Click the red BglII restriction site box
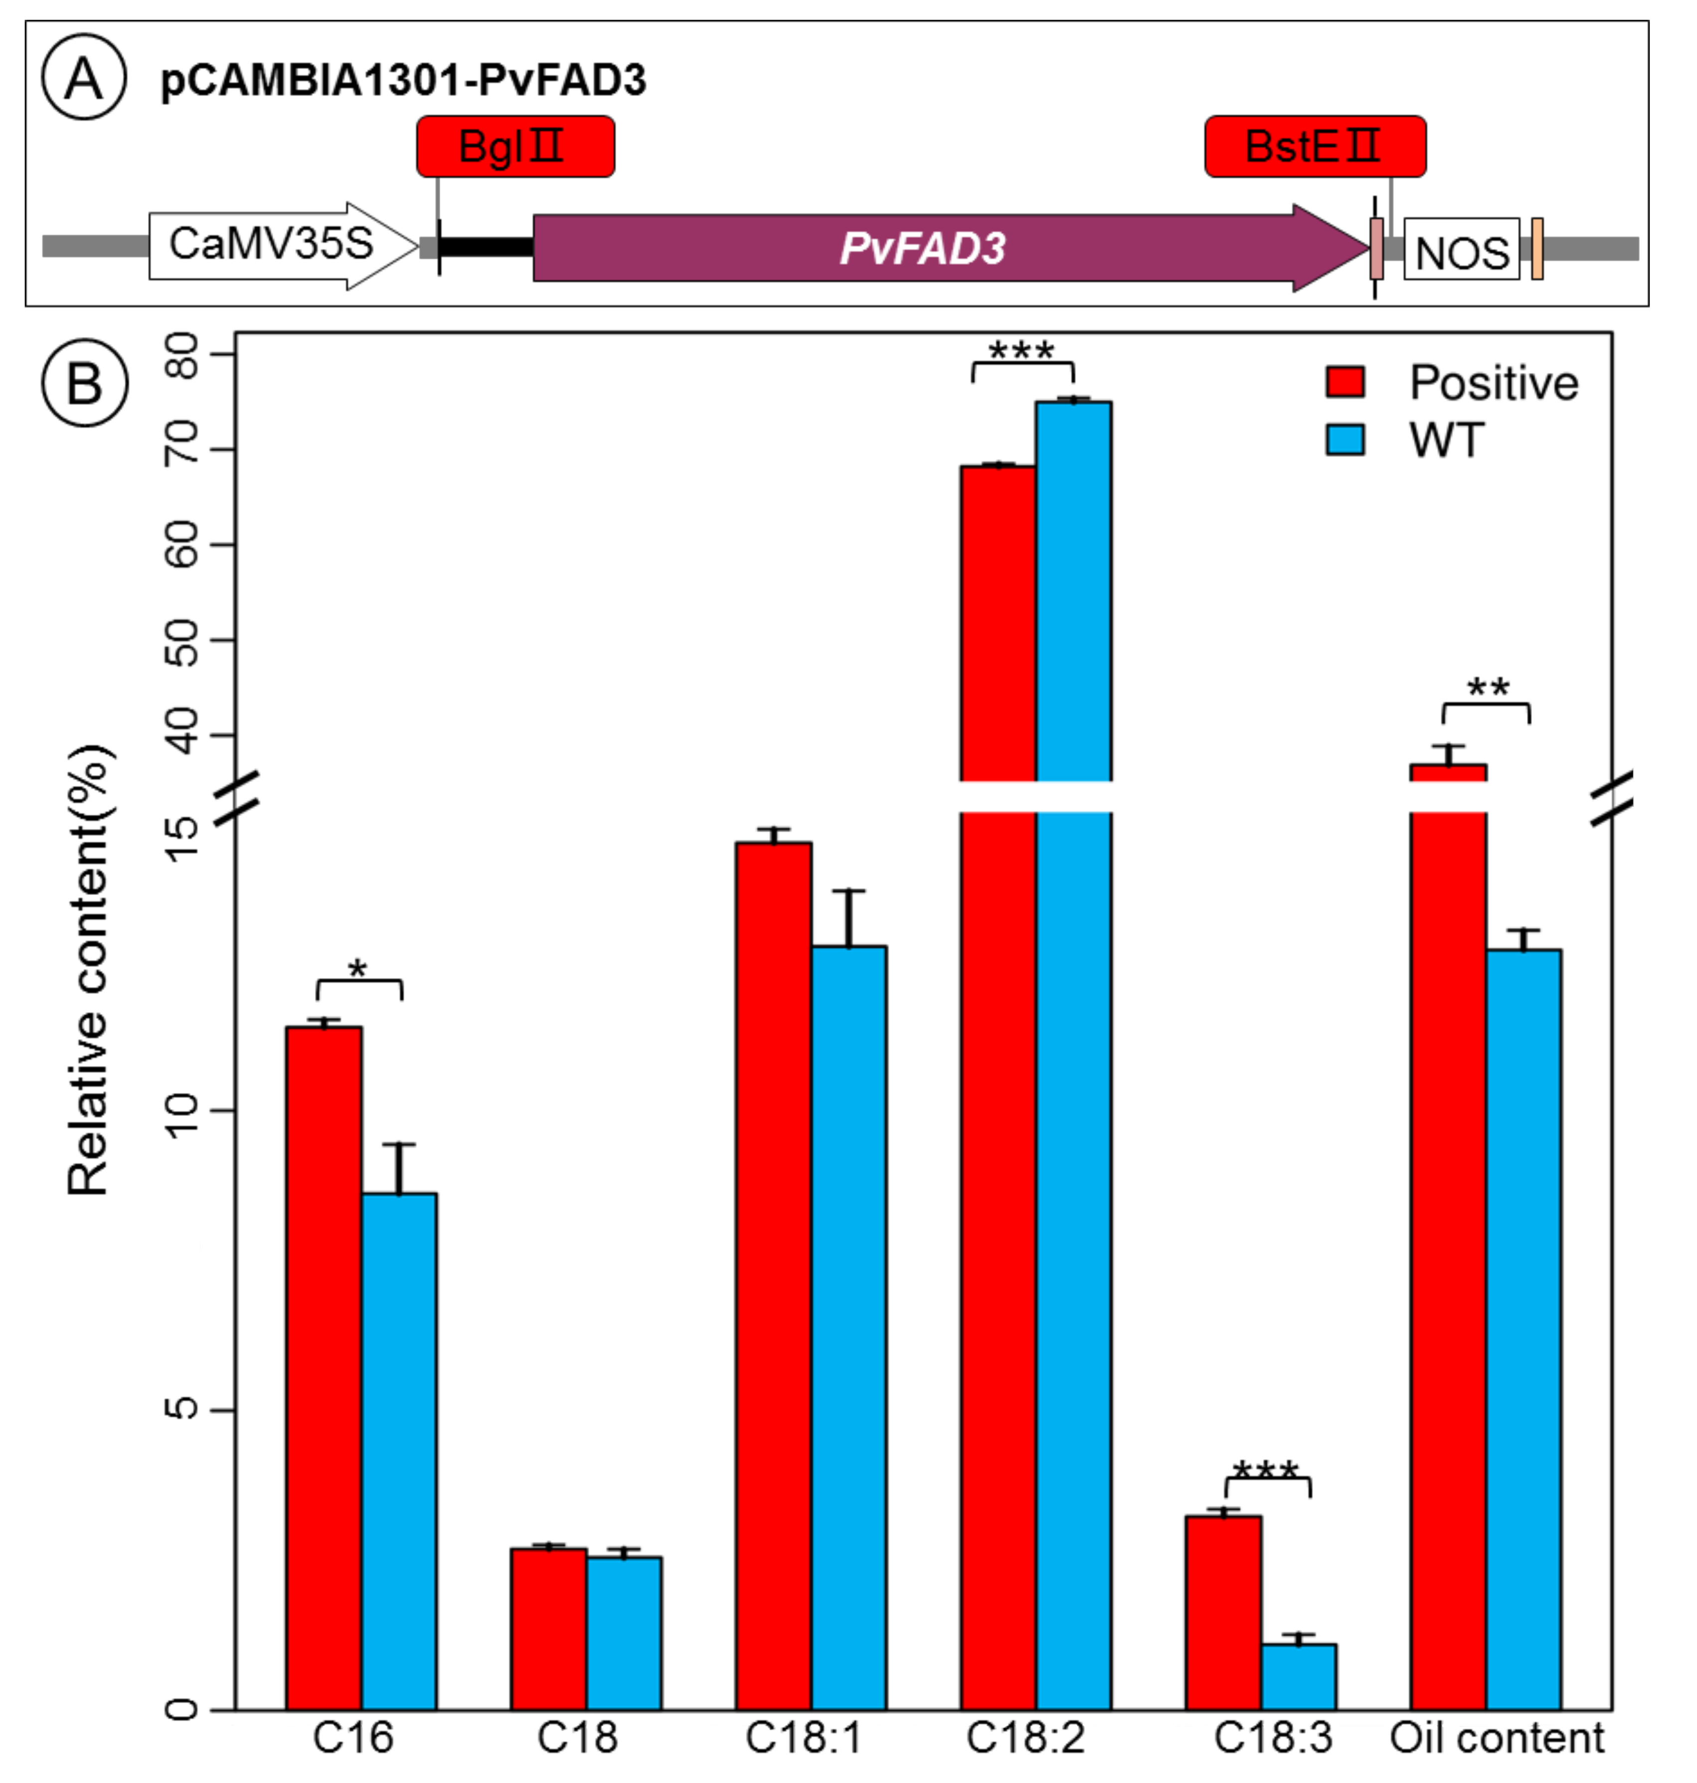click(x=514, y=147)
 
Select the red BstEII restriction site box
click(x=1314, y=147)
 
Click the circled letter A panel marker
click(x=84, y=78)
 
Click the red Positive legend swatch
click(x=1345, y=382)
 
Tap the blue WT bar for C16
click(x=399, y=1447)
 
